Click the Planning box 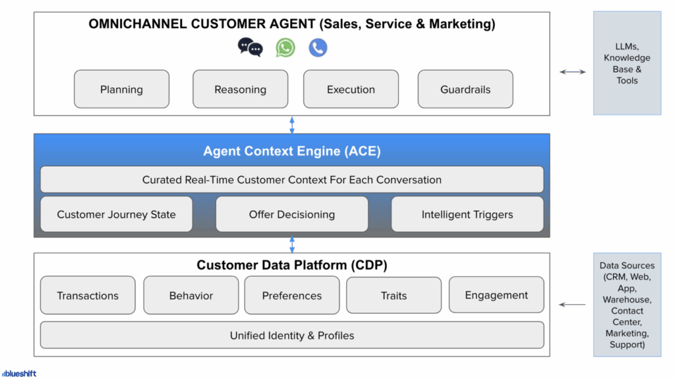pyautogui.click(x=121, y=89)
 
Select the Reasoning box pyautogui.click(x=240, y=89)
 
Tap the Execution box pyautogui.click(x=351, y=89)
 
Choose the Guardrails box pyautogui.click(x=465, y=89)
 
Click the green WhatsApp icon pyautogui.click(x=285, y=47)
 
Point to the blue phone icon pyautogui.click(x=318, y=47)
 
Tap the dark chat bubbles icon pyautogui.click(x=250, y=47)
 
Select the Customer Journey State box pyautogui.click(x=116, y=214)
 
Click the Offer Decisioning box pyautogui.click(x=292, y=214)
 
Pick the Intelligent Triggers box pyautogui.click(x=467, y=214)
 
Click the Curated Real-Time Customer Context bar pyautogui.click(x=292, y=179)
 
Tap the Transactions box pyautogui.click(x=88, y=295)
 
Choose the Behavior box pyautogui.click(x=191, y=295)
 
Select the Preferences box pyautogui.click(x=292, y=295)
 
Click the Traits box pyautogui.click(x=394, y=295)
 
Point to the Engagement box pyautogui.click(x=496, y=295)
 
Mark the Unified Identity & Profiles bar pyautogui.click(x=292, y=335)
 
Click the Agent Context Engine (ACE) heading pyautogui.click(x=292, y=152)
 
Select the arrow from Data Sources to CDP pyautogui.click(x=572, y=305)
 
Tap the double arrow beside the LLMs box pyautogui.click(x=572, y=72)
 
